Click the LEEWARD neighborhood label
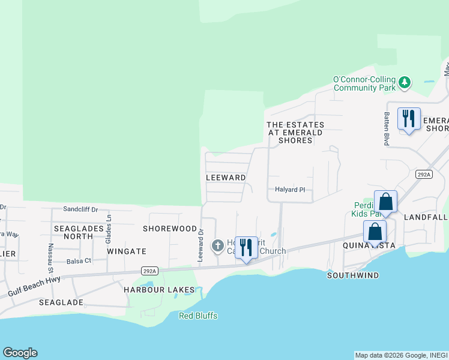pos(226,178)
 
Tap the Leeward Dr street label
pos(201,244)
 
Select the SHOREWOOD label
pos(170,229)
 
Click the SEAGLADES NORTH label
pos(73,232)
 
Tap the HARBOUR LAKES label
pos(159,290)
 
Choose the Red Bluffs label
pos(198,316)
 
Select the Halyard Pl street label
pos(291,190)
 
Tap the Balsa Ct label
pos(79,261)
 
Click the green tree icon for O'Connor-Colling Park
pos(405,82)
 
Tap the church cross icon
pos(217,245)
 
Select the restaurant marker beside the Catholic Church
pos(246,247)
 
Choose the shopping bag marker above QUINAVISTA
pos(375,231)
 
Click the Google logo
pos(20,353)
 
